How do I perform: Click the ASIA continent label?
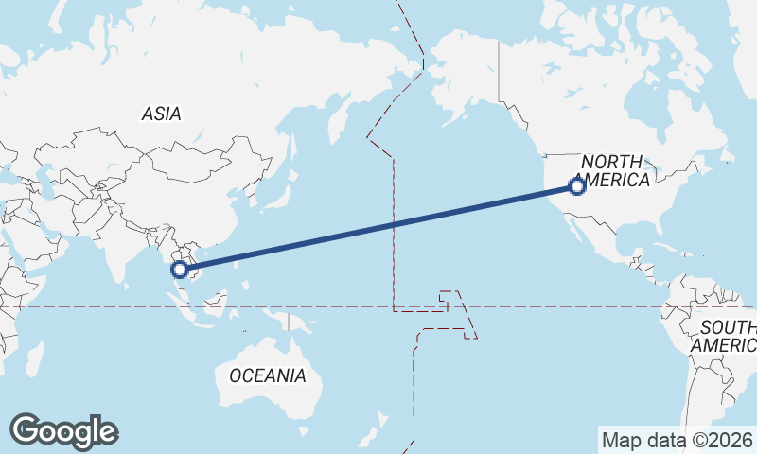click(x=161, y=113)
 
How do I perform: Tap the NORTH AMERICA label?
click(x=612, y=170)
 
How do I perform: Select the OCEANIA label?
click(x=268, y=375)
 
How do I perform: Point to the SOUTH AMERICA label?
click(x=724, y=337)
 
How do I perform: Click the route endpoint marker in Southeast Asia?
click(x=180, y=270)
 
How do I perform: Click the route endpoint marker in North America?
click(x=576, y=186)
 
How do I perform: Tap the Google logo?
click(x=64, y=431)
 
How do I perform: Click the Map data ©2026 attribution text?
click(x=677, y=440)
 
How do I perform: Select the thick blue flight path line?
click(x=378, y=228)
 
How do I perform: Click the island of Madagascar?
click(x=36, y=359)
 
